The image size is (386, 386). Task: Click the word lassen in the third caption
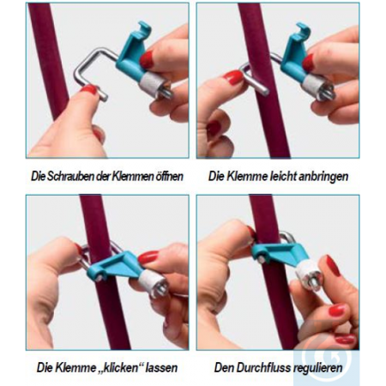[162, 367]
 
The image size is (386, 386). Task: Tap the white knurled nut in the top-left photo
[151, 84]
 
